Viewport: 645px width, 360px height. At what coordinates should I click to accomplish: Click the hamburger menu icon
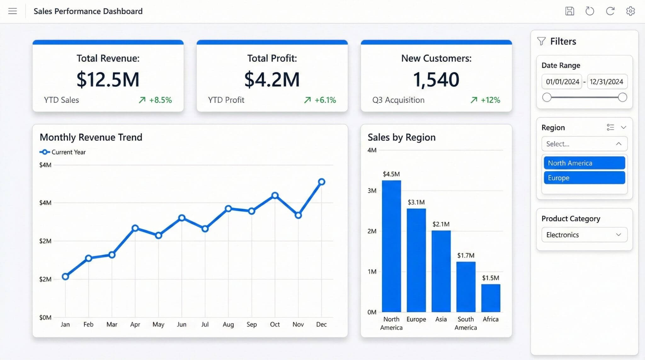13,11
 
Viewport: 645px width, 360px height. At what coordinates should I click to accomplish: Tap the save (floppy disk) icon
569,11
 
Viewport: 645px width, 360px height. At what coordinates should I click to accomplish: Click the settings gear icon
630,11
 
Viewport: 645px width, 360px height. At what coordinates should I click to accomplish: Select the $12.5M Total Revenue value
108,79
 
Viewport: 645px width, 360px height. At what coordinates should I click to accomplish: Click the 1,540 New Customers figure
436,79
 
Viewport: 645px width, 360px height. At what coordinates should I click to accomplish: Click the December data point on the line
322,182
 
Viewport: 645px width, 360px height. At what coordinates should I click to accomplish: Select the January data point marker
65,277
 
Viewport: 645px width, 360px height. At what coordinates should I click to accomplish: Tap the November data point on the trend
298,215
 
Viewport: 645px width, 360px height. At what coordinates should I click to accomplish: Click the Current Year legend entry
63,152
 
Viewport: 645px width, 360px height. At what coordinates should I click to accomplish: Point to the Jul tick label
205,324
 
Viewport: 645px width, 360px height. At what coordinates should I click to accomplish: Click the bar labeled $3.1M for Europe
416,260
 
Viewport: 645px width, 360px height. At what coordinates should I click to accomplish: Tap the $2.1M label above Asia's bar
441,224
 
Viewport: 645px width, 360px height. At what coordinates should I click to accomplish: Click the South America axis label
465,323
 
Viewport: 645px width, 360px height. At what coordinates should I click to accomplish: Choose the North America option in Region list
584,163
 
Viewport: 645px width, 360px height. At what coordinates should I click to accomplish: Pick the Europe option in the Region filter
584,178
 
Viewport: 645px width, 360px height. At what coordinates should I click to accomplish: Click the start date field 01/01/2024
562,82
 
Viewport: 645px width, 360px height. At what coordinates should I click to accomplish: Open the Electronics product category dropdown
584,235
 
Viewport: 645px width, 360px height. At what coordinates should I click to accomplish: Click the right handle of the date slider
622,97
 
